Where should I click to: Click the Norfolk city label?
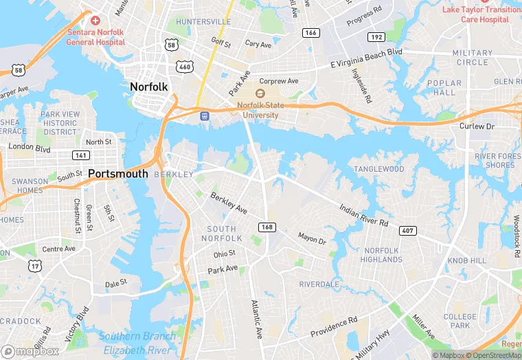(x=149, y=87)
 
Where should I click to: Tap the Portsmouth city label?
(x=118, y=174)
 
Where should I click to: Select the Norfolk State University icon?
(x=260, y=93)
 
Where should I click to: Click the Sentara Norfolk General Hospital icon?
(x=95, y=21)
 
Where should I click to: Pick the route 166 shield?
(x=311, y=32)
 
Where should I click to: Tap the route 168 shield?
(x=267, y=227)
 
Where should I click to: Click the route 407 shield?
(x=407, y=230)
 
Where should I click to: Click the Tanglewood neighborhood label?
(x=379, y=169)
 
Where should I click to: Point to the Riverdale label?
(x=319, y=284)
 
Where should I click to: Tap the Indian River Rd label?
(x=364, y=214)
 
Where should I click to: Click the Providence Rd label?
(x=334, y=326)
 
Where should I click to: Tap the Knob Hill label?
(x=466, y=262)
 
